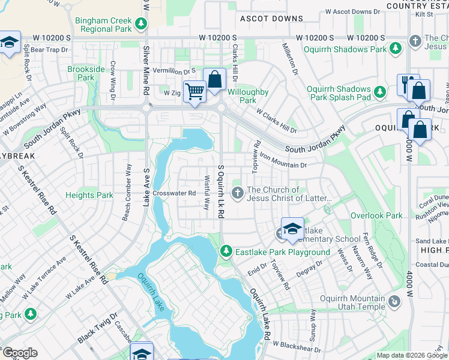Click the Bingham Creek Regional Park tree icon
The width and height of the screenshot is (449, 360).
pyautogui.click(x=140, y=24)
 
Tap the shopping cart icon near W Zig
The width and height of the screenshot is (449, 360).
pyautogui.click(x=194, y=92)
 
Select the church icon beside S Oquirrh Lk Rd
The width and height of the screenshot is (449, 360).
pyautogui.click(x=238, y=193)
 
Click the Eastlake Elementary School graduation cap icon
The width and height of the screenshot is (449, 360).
pyautogui.click(x=292, y=229)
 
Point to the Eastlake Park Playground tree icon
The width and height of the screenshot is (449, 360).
pyautogui.click(x=226, y=251)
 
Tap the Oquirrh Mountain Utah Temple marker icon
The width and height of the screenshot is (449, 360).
pyautogui.click(x=394, y=301)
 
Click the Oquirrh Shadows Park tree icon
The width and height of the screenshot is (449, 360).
pyautogui.click(x=395, y=48)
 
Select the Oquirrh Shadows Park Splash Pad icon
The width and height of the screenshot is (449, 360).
pyautogui.click(x=379, y=92)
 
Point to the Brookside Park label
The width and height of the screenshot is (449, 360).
pyautogui.click(x=86, y=73)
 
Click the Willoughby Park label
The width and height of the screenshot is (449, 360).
pyautogui.click(x=249, y=97)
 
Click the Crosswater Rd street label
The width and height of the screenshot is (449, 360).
pyautogui.click(x=174, y=193)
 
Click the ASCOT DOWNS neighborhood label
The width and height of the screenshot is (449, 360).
pyautogui.click(x=271, y=19)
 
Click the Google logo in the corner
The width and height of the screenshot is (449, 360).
pyautogui.click(x=20, y=353)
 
